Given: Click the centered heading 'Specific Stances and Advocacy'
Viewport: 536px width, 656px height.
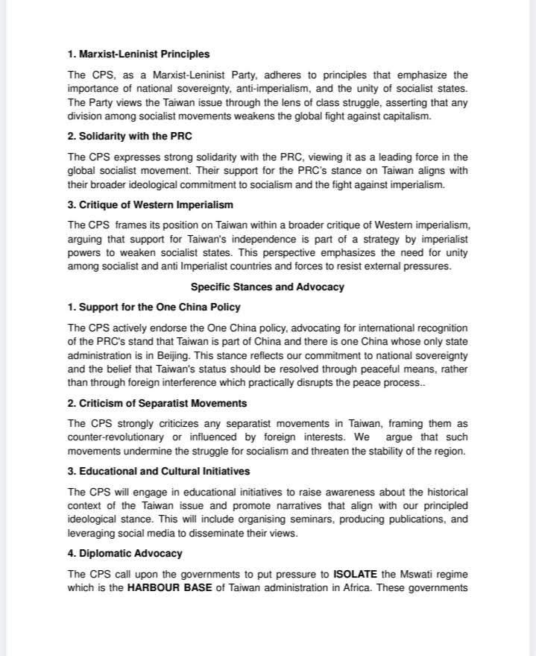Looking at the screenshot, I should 267,287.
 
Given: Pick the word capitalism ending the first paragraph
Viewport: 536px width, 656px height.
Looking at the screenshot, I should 404,116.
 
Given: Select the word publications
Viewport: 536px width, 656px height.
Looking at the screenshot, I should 421,519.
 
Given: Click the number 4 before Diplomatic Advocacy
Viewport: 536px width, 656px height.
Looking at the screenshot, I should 71,553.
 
